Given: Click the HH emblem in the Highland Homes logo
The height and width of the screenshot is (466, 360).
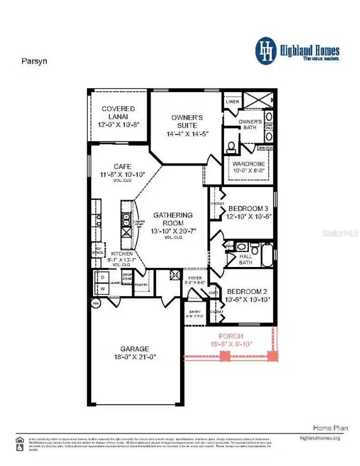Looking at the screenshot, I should click(x=266, y=51).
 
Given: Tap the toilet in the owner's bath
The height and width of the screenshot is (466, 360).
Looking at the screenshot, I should click(x=231, y=147).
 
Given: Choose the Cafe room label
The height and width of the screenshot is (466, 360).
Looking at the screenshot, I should click(x=122, y=170).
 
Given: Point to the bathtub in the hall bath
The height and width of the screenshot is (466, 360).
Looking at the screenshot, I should click(x=267, y=255).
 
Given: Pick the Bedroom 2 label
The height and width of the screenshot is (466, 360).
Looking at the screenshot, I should click(x=247, y=295).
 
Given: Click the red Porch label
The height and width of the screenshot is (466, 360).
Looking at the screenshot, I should click(x=231, y=340).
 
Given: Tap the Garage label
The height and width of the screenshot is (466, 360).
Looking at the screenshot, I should click(x=135, y=352).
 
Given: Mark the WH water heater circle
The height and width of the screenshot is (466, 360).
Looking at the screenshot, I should click(x=96, y=303).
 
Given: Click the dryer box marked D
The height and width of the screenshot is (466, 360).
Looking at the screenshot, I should click(x=102, y=277).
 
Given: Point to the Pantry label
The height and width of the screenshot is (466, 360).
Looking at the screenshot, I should click(x=141, y=285).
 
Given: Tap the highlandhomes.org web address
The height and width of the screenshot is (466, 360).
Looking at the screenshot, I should click(x=320, y=438).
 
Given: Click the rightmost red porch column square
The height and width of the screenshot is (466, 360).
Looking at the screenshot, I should click(x=272, y=356).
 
